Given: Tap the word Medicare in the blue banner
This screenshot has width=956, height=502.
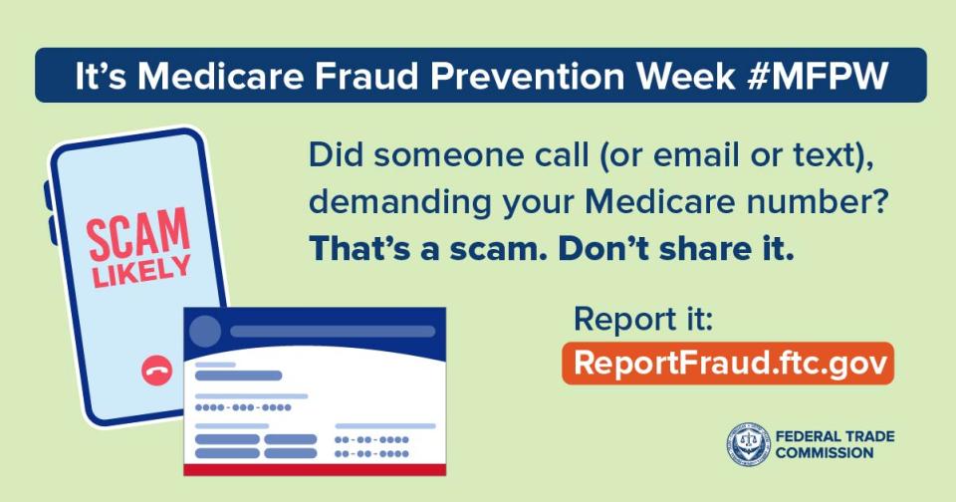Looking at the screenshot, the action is (221, 76).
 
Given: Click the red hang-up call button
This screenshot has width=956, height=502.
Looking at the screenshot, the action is (156, 371).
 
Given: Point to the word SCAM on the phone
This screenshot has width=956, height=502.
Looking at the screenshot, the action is (138, 234).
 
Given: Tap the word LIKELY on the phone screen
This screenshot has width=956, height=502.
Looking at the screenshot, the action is (141, 271).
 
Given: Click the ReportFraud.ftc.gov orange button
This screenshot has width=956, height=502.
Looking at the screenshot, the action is (728, 364).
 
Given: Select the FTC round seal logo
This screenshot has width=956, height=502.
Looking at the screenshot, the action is (748, 444).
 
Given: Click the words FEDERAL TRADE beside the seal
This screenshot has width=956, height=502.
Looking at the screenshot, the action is (835, 436).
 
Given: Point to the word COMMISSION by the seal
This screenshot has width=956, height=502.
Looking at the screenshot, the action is (825, 452).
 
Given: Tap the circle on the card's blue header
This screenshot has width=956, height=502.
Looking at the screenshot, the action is (205, 332).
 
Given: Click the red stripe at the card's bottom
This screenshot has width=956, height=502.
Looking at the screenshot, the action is (315, 470).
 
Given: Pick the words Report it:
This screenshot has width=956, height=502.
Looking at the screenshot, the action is (643, 319).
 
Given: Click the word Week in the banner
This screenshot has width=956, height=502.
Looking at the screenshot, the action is (685, 76).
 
